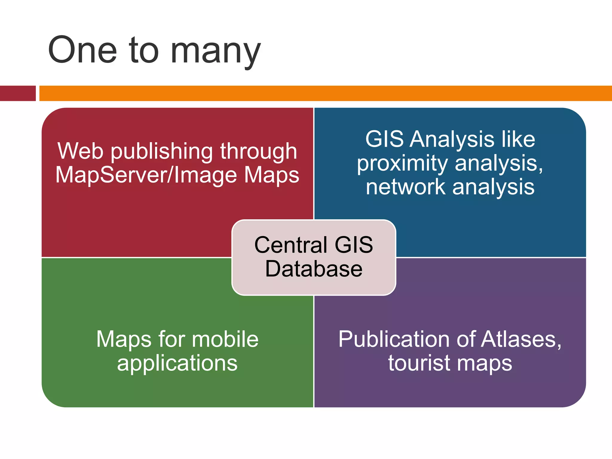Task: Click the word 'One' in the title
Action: (x=82, y=50)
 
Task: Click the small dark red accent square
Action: (x=18, y=93)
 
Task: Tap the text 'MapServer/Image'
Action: (x=146, y=175)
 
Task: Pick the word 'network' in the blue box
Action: (x=406, y=187)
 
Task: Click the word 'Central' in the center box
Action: (x=291, y=245)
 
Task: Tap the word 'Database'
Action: (x=314, y=269)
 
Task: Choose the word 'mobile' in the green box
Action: (x=225, y=339)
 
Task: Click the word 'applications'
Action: (x=177, y=364)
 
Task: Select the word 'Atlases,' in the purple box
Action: (x=521, y=339)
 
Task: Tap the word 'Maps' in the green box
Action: (x=124, y=340)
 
